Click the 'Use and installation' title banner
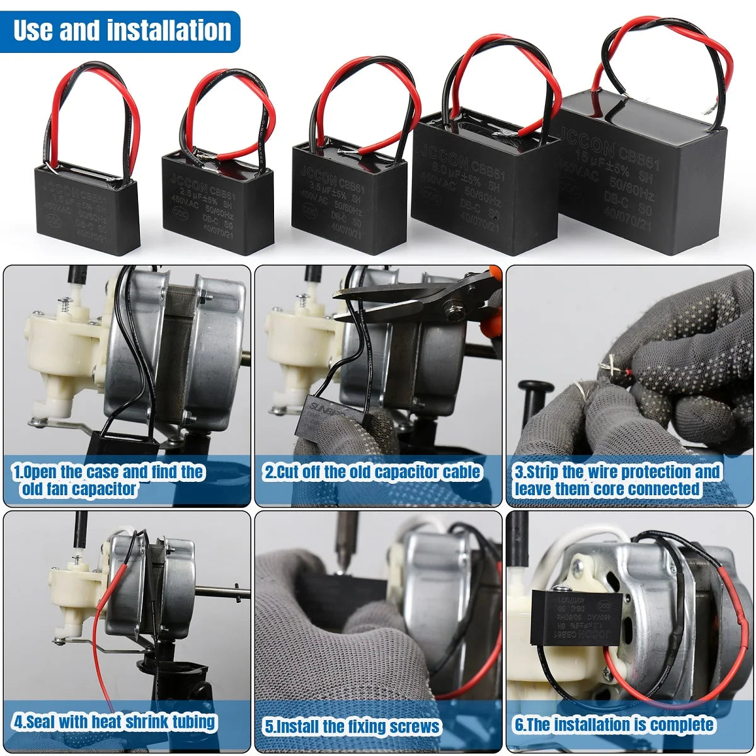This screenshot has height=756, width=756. [x=121, y=30]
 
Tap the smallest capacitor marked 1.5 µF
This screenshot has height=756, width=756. [x=86, y=208]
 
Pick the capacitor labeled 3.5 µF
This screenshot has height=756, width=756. [x=340, y=198]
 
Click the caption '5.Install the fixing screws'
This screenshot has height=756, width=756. [x=352, y=726]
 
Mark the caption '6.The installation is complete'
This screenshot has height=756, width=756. [x=614, y=724]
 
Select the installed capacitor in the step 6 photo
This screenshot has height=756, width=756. [x=576, y=614]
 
